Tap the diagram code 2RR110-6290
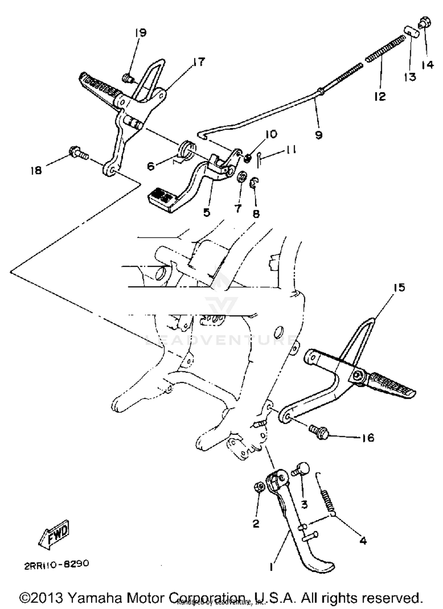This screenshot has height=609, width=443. click(56, 564)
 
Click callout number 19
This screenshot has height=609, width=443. click(141, 32)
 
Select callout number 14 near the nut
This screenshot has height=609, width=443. click(427, 64)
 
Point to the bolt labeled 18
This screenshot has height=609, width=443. click(78, 154)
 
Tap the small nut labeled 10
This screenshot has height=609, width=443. click(248, 159)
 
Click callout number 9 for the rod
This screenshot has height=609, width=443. click(318, 135)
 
